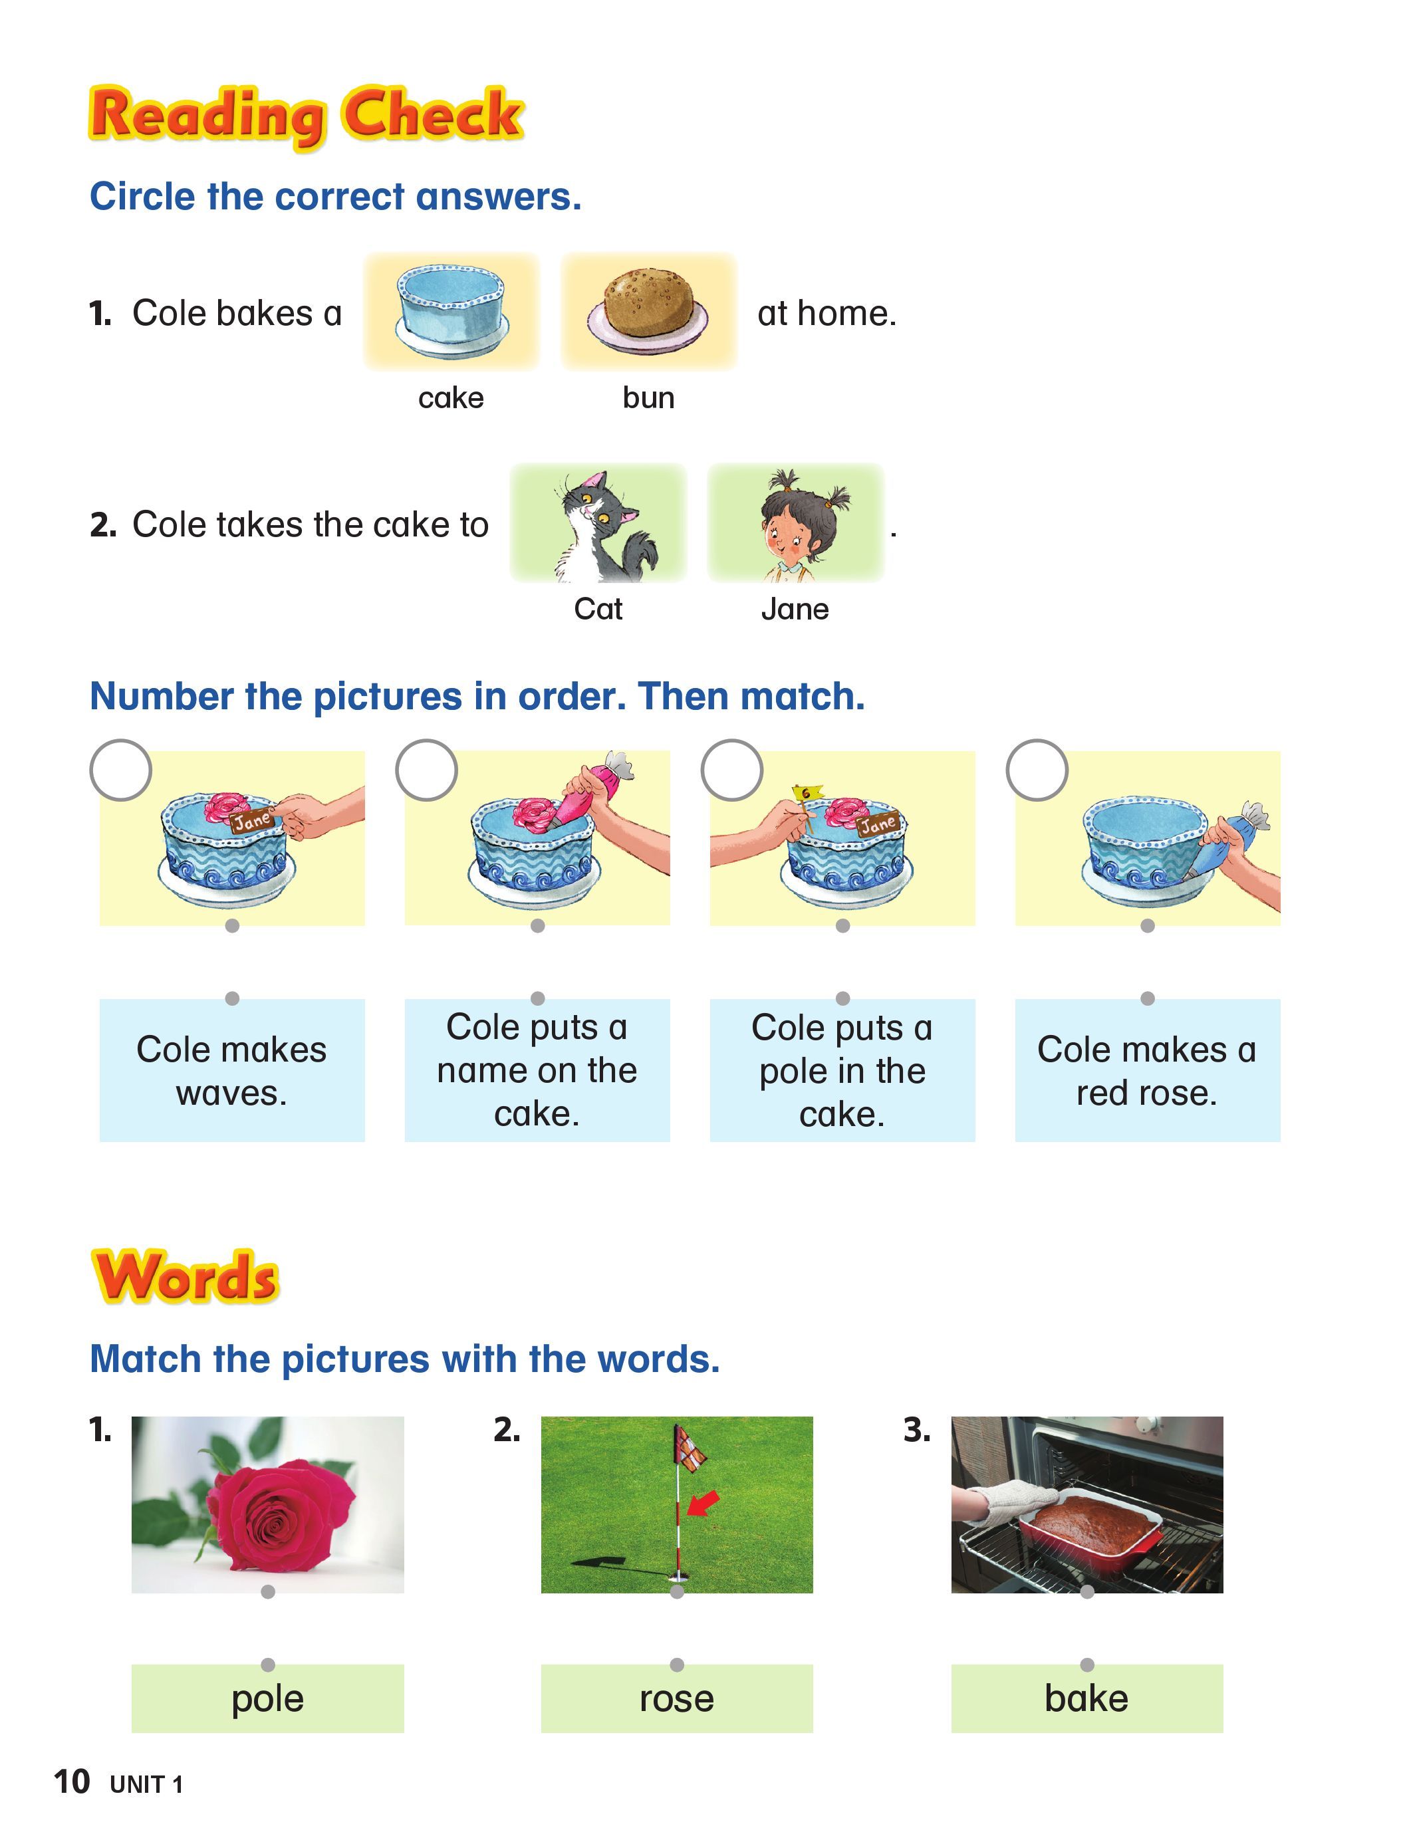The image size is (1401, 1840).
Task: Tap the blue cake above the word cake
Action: (x=451, y=305)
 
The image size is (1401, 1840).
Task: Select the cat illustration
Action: (x=598, y=525)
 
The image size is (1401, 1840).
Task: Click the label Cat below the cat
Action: (x=598, y=609)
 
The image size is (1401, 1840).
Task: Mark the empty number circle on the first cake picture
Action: (x=121, y=770)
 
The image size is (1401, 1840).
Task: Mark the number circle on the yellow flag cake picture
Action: (x=731, y=770)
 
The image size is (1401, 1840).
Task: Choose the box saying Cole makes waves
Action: (x=232, y=1070)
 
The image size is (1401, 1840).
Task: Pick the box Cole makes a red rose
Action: (x=1146, y=1070)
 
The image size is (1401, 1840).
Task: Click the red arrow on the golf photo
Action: (x=702, y=1503)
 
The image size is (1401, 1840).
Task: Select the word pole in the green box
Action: (x=268, y=1698)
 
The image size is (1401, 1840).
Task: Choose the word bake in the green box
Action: (x=1086, y=1698)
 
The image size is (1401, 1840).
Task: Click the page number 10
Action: (x=72, y=1782)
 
